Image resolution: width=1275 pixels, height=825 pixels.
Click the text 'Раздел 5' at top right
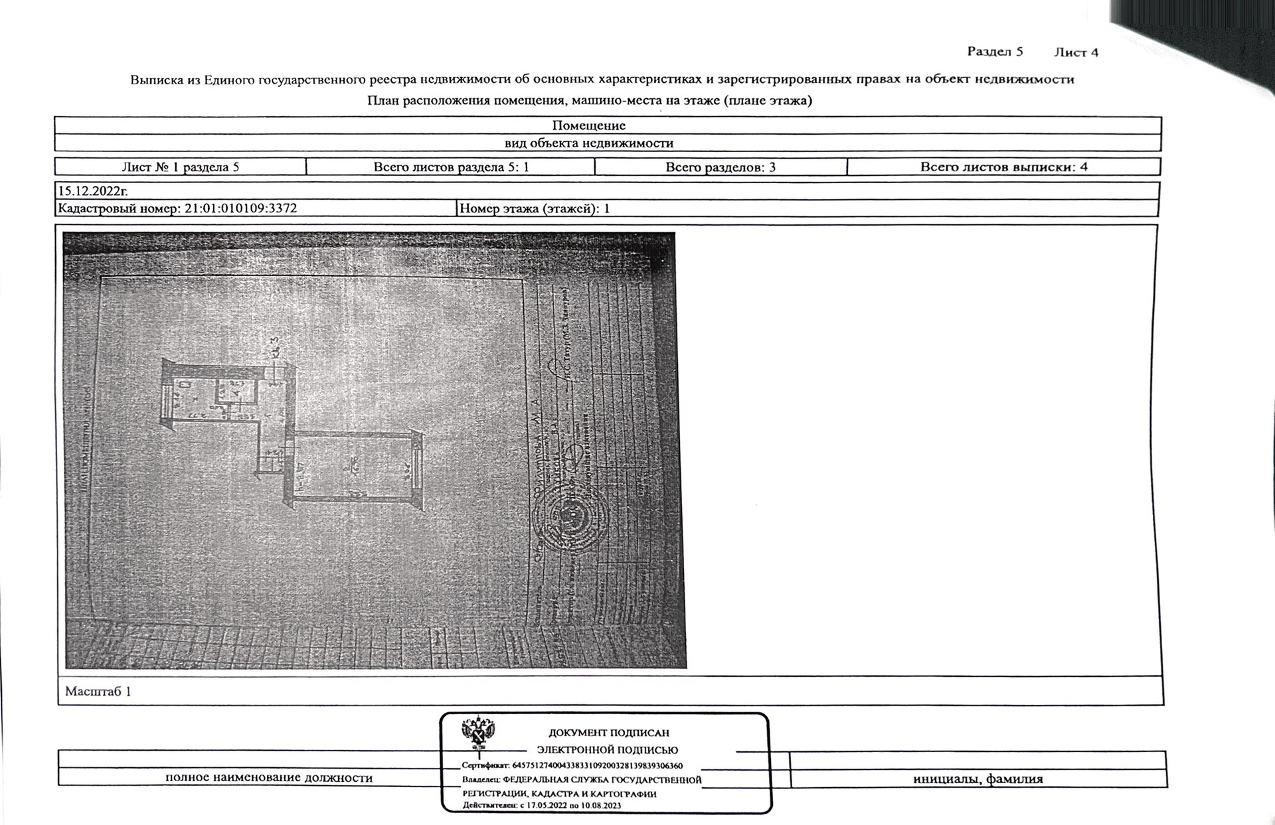[995, 52]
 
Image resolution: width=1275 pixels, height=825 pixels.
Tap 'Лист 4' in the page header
[1076, 52]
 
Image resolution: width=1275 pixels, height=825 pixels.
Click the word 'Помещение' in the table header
[588, 125]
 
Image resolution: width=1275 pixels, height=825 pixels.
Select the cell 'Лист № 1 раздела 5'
[180, 167]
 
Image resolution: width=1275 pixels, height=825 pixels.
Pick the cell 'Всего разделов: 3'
[721, 167]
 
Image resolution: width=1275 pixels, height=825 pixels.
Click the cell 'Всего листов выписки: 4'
[1003, 167]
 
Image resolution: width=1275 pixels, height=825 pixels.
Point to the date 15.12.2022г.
[93, 191]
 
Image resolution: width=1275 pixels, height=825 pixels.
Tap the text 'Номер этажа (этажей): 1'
[535, 208]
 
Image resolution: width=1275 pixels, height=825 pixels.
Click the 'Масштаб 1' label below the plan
[98, 692]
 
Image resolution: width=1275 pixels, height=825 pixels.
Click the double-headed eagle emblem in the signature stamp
[475, 733]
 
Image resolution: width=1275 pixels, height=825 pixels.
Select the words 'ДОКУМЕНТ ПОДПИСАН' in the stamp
[608, 733]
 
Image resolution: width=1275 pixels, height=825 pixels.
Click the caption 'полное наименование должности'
[269, 778]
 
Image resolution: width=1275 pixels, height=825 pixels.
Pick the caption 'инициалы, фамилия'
[977, 779]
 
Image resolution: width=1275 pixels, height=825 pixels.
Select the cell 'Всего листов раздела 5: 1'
[451, 167]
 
